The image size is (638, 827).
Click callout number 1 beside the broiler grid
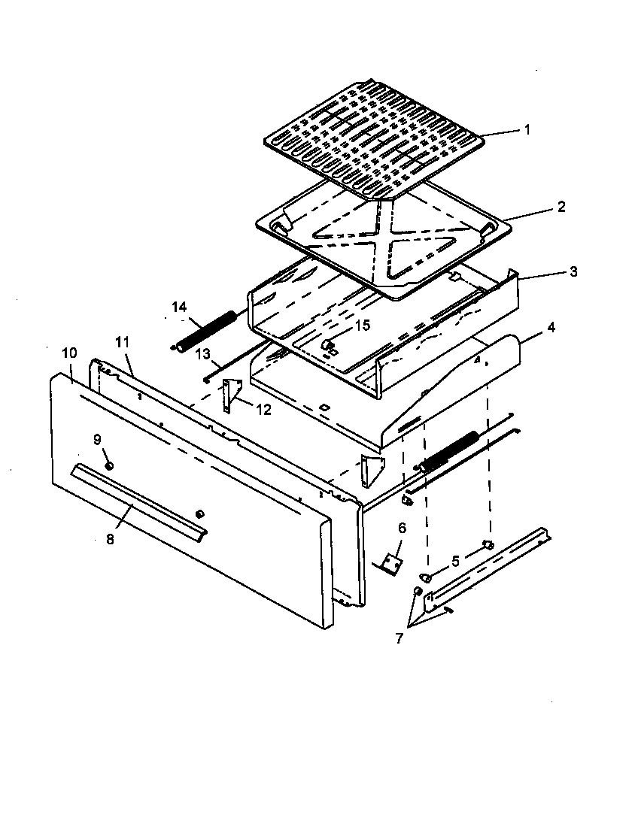527,129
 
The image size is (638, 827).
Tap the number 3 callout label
573,271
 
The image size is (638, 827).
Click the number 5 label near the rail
454,560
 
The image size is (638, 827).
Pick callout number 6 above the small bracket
401,529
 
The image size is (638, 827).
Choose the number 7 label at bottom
399,638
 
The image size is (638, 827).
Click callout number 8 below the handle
110,538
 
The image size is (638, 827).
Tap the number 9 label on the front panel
97,439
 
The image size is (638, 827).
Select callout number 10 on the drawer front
69,352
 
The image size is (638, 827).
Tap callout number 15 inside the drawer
363,325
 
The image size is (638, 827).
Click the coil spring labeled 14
205,326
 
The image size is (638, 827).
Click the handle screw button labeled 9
110,466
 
